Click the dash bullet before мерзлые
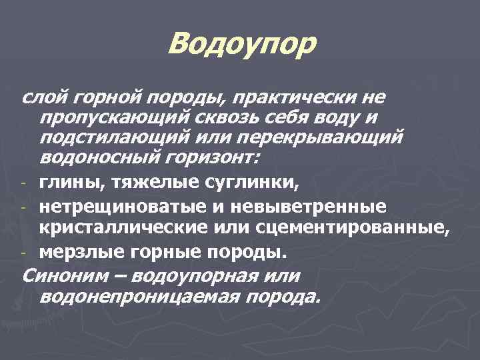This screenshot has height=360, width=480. [24, 253]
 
